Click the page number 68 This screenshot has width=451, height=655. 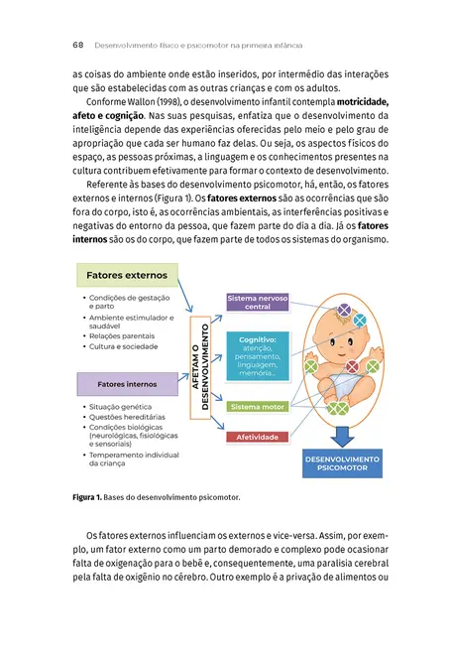77,46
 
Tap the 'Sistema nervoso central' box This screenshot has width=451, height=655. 257,303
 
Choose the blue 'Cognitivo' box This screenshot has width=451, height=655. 257,354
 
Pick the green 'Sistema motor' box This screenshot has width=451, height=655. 257,407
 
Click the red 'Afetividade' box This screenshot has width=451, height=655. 257,438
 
